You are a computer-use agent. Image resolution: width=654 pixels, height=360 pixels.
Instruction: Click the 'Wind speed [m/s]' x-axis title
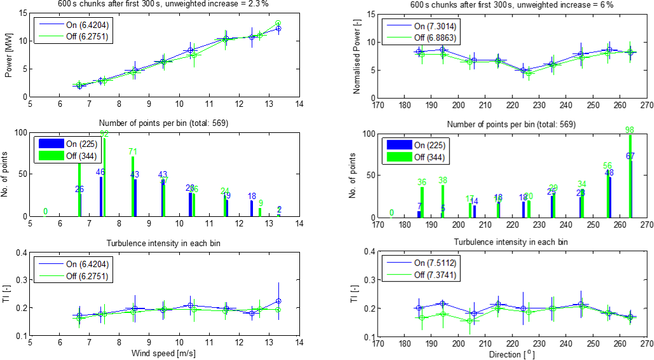(163, 353)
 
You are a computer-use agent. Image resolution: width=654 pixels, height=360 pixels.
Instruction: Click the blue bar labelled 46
(101, 197)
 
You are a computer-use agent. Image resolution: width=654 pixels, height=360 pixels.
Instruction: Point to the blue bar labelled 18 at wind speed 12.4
(252, 209)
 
